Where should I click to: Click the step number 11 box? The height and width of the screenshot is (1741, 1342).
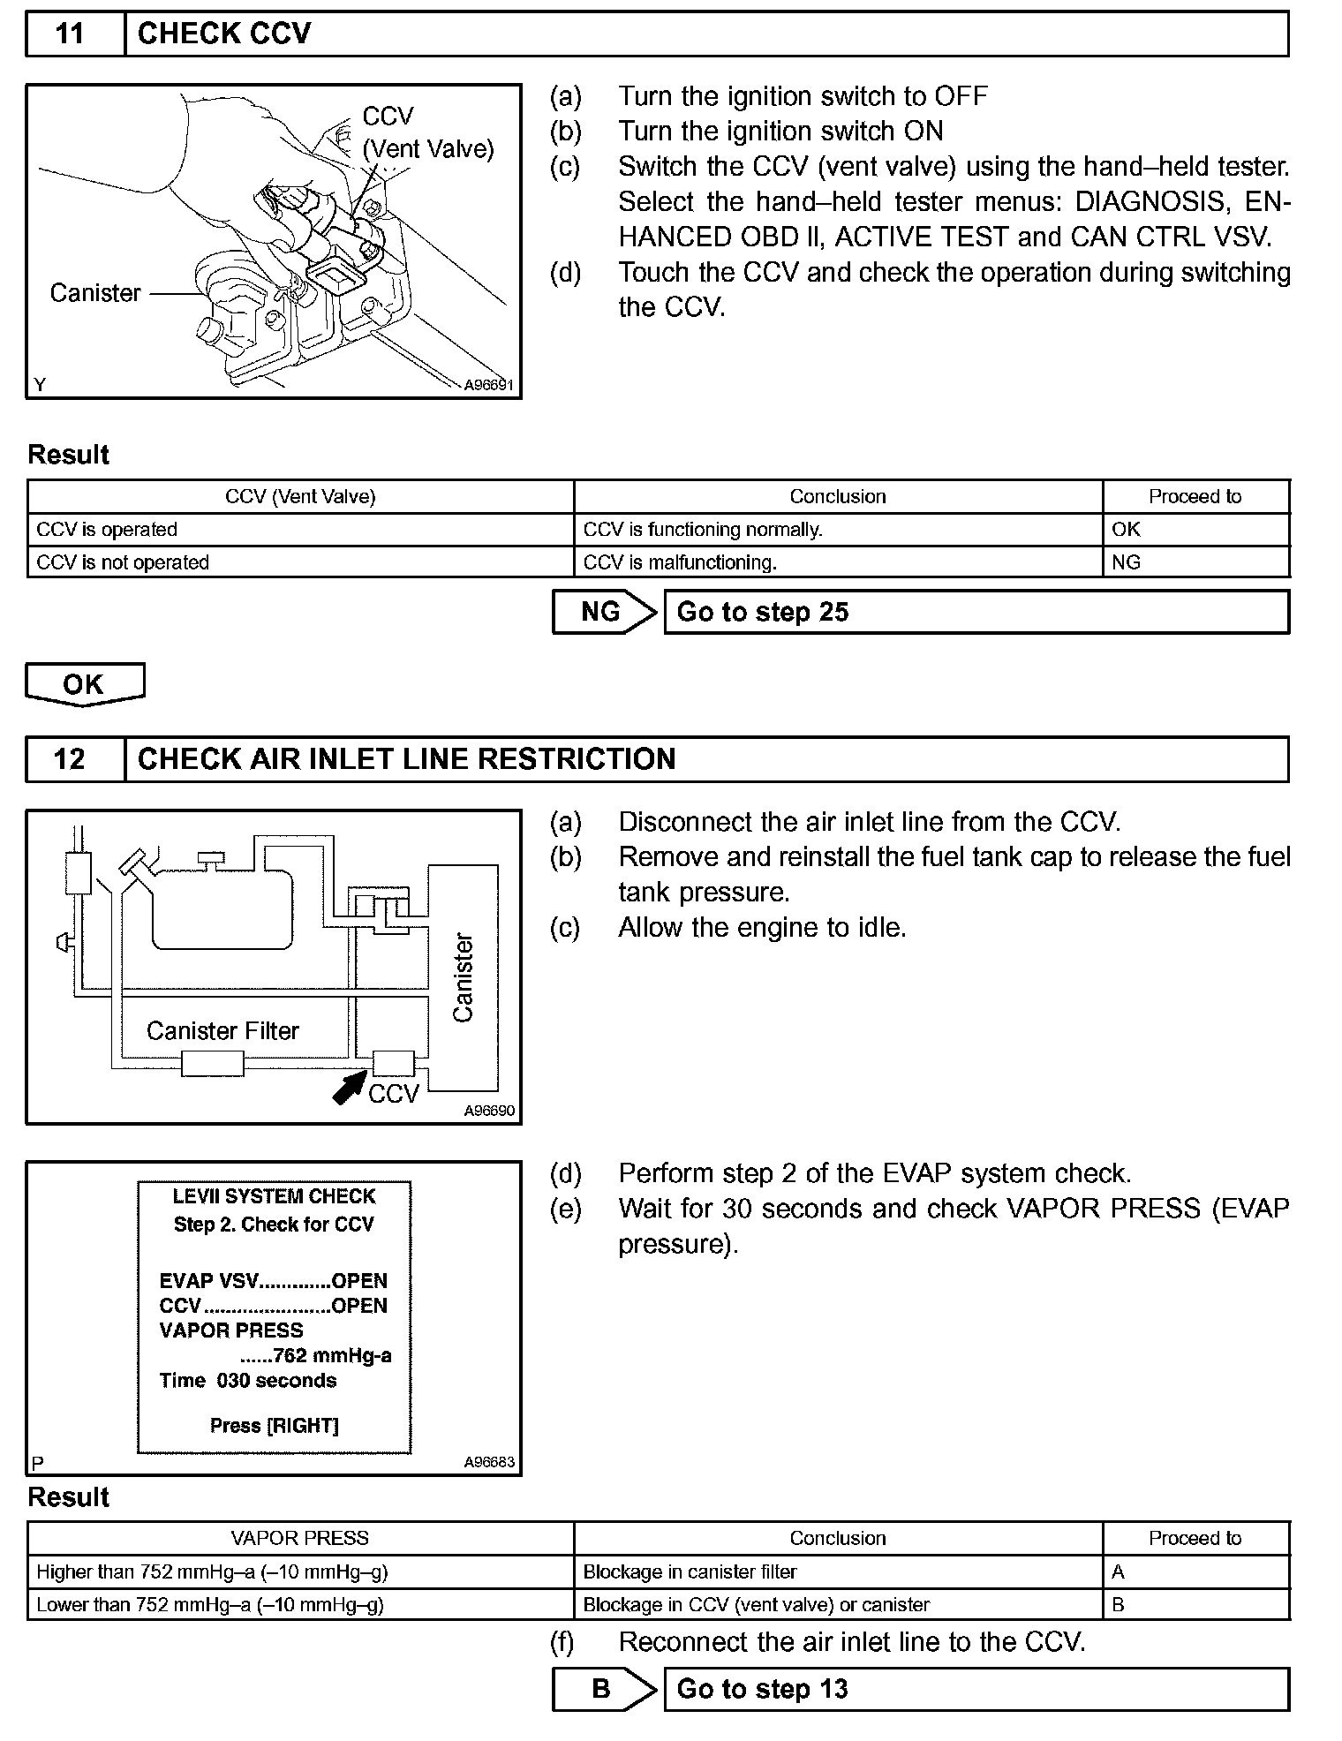(x=75, y=34)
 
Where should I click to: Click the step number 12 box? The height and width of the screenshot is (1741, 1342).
(x=75, y=759)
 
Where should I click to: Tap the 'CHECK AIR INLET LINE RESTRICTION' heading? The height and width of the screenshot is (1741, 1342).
(x=407, y=759)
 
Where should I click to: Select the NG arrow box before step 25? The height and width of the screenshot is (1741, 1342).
(x=603, y=612)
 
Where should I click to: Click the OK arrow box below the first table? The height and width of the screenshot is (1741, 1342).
(x=84, y=684)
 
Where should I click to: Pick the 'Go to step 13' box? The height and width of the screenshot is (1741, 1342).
(x=976, y=1689)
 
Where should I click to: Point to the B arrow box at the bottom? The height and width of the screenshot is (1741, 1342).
(x=603, y=1689)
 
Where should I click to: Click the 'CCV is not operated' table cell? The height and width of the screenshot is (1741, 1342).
(x=300, y=562)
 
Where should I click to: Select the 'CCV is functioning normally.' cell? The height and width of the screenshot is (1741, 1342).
(x=837, y=530)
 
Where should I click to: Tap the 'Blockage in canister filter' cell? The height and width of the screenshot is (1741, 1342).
(x=837, y=1571)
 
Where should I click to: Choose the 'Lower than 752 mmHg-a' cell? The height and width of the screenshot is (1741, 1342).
(x=300, y=1604)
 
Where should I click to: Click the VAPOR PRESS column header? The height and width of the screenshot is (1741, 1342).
(x=300, y=1538)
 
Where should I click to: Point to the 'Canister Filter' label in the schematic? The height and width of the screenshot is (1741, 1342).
(x=222, y=1031)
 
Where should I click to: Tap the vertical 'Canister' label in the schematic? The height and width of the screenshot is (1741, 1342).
(x=464, y=977)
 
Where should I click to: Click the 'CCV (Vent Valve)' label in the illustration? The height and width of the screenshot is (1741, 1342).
(x=427, y=133)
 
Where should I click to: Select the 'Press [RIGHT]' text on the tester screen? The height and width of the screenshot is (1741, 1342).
(x=275, y=1426)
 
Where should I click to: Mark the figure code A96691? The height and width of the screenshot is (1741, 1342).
(x=489, y=385)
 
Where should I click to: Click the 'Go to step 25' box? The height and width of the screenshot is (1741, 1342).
(x=976, y=612)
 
